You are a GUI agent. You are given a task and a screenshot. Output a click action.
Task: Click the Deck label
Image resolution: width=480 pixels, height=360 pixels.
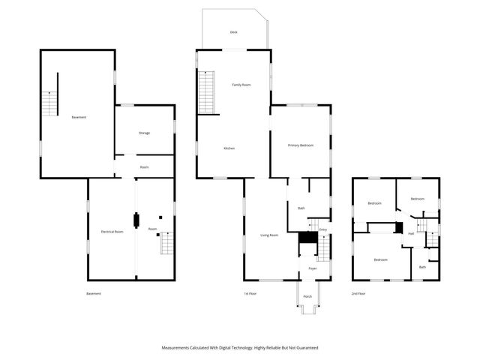click(x=234, y=31)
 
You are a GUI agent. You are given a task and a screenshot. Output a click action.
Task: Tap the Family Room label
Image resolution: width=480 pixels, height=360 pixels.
click(x=241, y=85)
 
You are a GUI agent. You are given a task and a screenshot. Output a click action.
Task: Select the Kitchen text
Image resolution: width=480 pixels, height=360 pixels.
click(x=229, y=148)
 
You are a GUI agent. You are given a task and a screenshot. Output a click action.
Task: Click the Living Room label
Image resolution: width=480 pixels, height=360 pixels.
click(x=269, y=235)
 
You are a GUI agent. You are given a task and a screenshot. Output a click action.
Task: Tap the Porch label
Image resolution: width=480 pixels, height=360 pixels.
click(x=307, y=296)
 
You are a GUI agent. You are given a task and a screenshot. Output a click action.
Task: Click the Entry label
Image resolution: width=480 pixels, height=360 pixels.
click(x=322, y=229)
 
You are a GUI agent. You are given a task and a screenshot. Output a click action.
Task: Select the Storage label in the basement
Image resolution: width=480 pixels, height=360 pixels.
click(x=144, y=133)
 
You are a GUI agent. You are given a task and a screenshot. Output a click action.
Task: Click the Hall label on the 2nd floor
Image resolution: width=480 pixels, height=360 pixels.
click(x=411, y=233)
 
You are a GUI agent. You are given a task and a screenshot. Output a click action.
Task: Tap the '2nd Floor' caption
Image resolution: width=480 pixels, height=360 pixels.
click(x=358, y=293)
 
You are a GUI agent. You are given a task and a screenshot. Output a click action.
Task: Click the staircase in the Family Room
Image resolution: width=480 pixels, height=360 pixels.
click(x=207, y=91)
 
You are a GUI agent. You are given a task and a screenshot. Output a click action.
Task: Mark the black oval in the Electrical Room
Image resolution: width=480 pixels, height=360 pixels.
click(x=136, y=220)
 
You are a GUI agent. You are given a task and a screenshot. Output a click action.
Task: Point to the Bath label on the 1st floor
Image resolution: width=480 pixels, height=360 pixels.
click(x=301, y=208)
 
